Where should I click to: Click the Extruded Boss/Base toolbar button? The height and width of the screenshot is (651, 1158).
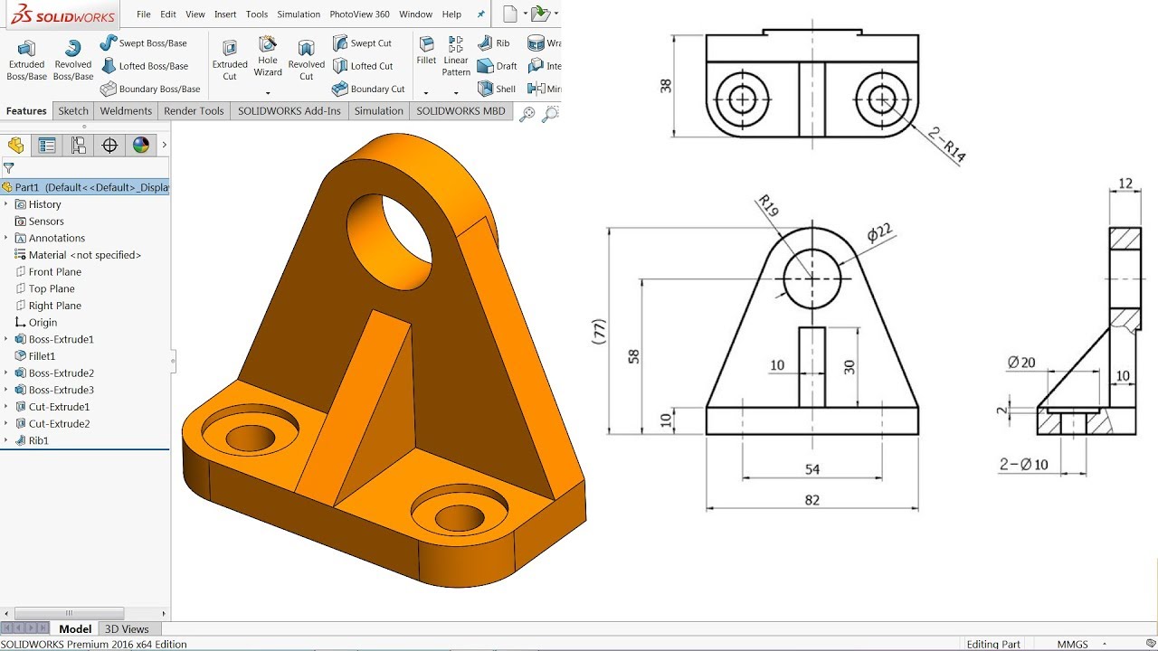[26, 60]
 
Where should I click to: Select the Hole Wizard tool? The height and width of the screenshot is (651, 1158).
[268, 56]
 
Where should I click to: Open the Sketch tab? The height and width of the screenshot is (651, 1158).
[73, 110]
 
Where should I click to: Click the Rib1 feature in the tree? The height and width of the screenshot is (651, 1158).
[38, 440]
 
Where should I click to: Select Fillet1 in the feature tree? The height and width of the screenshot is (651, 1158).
[42, 356]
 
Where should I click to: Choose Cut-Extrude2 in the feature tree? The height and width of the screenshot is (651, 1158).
[59, 423]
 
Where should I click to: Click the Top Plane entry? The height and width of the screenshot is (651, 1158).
[52, 288]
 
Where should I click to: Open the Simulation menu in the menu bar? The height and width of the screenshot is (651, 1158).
[299, 14]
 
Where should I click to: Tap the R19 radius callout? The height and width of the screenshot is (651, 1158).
[769, 207]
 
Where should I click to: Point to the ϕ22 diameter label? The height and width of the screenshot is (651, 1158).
[879, 232]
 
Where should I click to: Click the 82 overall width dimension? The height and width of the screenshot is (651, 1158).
[812, 499]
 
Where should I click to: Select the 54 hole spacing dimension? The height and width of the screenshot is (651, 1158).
[812, 468]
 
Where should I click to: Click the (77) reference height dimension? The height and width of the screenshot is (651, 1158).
[599, 332]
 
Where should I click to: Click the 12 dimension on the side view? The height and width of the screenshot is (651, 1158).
[1125, 184]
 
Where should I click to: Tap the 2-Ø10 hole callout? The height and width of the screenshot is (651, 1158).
[1023, 464]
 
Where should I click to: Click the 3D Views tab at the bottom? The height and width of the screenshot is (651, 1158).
[127, 628]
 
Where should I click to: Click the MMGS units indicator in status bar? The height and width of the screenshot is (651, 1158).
[1073, 644]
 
